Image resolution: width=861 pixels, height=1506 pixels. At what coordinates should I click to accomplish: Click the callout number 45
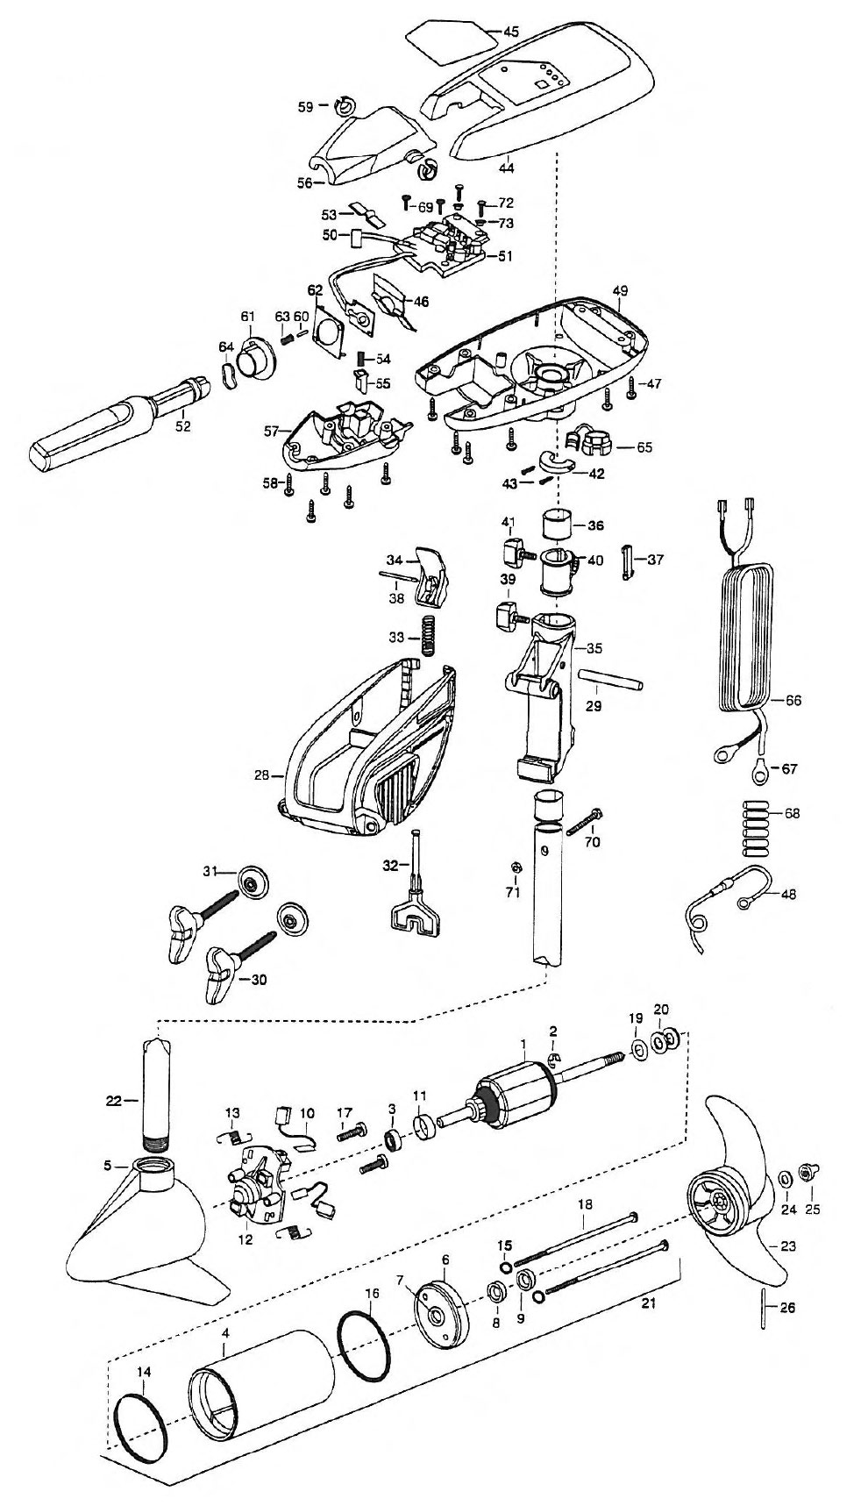click(x=510, y=32)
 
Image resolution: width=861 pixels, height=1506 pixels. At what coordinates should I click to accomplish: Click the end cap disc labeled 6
click(x=441, y=1299)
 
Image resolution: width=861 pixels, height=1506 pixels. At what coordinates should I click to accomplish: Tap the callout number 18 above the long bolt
click(x=581, y=1208)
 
